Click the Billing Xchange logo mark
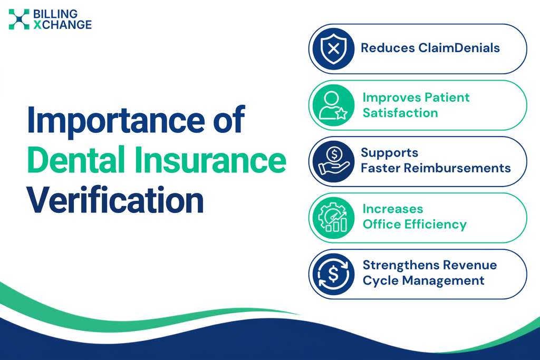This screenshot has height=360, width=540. (19, 20)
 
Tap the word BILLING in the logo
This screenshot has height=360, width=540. (55, 14)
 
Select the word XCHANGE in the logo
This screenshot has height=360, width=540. (63, 25)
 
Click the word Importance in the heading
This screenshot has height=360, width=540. (116, 120)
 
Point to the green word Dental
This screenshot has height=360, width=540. (76, 160)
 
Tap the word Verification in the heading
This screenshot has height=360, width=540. (115, 200)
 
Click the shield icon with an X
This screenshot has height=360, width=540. (333, 49)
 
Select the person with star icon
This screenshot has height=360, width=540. (333, 105)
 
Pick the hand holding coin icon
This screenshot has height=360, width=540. (333, 161)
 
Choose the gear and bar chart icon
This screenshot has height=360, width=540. (333, 218)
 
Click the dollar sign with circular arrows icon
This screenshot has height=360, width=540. (333, 274)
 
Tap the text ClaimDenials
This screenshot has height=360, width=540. (459, 48)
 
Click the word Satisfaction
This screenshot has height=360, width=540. (400, 113)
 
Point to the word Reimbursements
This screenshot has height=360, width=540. (457, 168)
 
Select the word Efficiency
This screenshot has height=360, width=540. (435, 225)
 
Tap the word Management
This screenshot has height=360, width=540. (443, 280)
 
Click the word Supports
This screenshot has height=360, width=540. (390, 153)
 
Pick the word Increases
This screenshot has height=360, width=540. (392, 209)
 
